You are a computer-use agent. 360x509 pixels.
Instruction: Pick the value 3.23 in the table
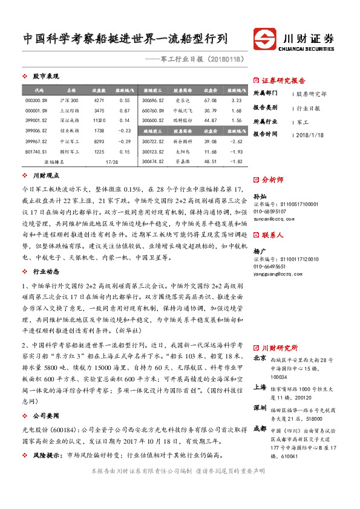pos(237,100)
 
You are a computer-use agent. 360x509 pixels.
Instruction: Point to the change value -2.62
pos(237,141)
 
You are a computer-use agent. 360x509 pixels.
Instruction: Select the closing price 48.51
pos(211,162)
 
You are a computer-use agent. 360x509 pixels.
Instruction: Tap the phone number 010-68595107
pos(270,212)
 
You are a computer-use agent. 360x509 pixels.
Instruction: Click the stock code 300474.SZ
pos(154,162)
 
